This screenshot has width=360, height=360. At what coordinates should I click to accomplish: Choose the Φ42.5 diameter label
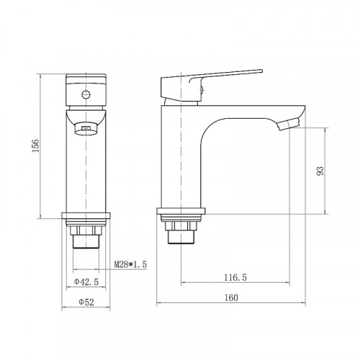tap(86, 282)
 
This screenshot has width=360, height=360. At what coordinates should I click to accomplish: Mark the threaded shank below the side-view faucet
tap(180, 234)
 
